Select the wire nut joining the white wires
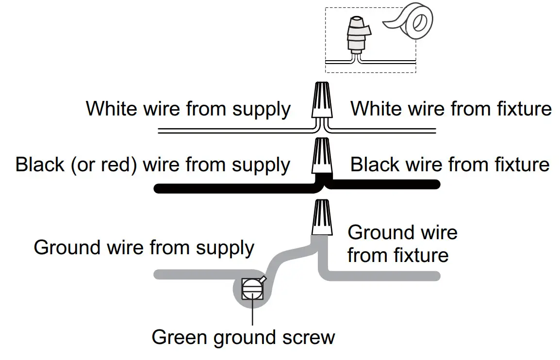click(x=321, y=101)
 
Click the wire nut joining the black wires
click(x=321, y=157)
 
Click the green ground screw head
click(x=252, y=290)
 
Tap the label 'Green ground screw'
click(x=243, y=337)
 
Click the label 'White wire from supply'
click(x=188, y=109)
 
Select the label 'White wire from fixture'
click(x=451, y=109)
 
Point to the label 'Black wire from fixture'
click(x=449, y=164)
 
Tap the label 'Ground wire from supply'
click(x=144, y=248)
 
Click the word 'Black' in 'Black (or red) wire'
click(x=39, y=165)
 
